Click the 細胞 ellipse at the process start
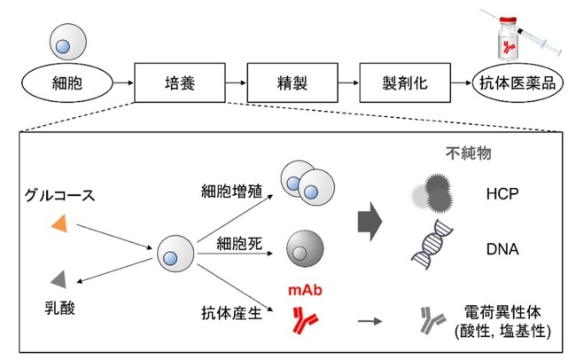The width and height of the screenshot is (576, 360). pyautogui.click(x=67, y=83)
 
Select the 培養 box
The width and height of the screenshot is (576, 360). pyautogui.click(x=180, y=82)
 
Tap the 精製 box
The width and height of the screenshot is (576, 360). pyautogui.click(x=292, y=82)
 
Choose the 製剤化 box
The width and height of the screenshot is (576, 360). pyautogui.click(x=405, y=82)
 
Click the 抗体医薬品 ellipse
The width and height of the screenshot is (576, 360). pyautogui.click(x=518, y=83)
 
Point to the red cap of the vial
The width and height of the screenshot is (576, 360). pyautogui.click(x=507, y=20)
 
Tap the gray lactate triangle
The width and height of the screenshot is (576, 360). pyautogui.click(x=58, y=279)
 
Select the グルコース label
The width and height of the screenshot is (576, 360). pyautogui.click(x=60, y=195)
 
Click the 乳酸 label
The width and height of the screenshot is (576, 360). pyautogui.click(x=60, y=308)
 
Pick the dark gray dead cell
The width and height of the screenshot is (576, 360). pyautogui.click(x=305, y=248)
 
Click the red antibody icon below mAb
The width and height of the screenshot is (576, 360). pyautogui.click(x=304, y=321)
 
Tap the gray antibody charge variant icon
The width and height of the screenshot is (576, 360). pyautogui.click(x=432, y=321)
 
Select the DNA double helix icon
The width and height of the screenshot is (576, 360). pyautogui.click(x=432, y=245)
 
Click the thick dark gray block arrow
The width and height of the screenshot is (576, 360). pyautogui.click(x=370, y=222)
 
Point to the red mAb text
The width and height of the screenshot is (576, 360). pyautogui.click(x=305, y=290)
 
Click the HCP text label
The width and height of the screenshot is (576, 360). pyautogui.click(x=502, y=193)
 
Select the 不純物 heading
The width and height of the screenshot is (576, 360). pyautogui.click(x=469, y=153)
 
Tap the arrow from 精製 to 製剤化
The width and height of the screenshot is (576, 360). pyautogui.click(x=348, y=82)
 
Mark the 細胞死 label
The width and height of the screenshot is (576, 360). pyautogui.click(x=239, y=244)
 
